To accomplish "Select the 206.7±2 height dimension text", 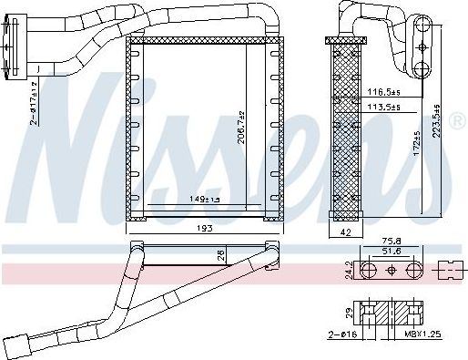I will (x=240, y=129).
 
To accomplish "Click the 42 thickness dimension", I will (x=344, y=232).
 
